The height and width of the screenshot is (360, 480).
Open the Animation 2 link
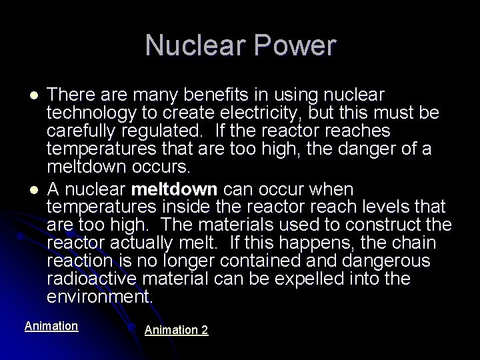[x=176, y=330]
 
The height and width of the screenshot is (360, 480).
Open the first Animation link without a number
[x=51, y=326]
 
